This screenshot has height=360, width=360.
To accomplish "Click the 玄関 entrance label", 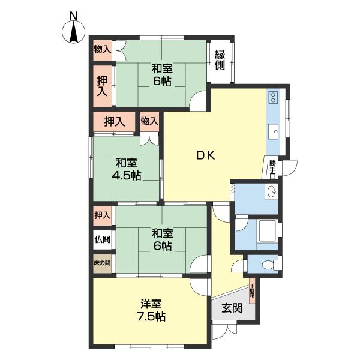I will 232,309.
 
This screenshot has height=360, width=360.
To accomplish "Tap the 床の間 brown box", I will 102,263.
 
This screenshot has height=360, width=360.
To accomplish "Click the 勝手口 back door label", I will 272,169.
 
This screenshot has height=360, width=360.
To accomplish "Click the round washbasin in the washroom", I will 271,192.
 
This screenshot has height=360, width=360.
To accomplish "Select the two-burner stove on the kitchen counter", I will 274,97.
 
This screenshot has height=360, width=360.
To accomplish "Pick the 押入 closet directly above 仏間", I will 102,215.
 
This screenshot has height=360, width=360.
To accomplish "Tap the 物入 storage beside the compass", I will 102,50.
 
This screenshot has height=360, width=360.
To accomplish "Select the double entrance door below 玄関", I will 223,331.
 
